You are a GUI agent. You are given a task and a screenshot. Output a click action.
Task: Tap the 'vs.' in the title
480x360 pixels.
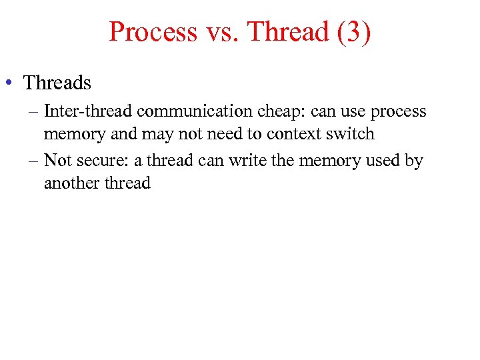tap(220, 31)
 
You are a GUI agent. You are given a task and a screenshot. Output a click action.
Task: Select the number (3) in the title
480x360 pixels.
tap(354, 31)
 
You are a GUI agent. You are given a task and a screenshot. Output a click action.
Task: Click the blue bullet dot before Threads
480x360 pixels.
tap(9, 83)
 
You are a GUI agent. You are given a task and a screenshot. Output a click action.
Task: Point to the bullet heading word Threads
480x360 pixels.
tap(57, 83)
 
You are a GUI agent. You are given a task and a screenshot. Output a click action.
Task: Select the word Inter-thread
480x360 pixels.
tap(88, 111)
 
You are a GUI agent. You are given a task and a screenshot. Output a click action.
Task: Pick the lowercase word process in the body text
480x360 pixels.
tap(398, 111)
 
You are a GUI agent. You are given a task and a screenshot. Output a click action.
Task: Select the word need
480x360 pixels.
tap(226, 133)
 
